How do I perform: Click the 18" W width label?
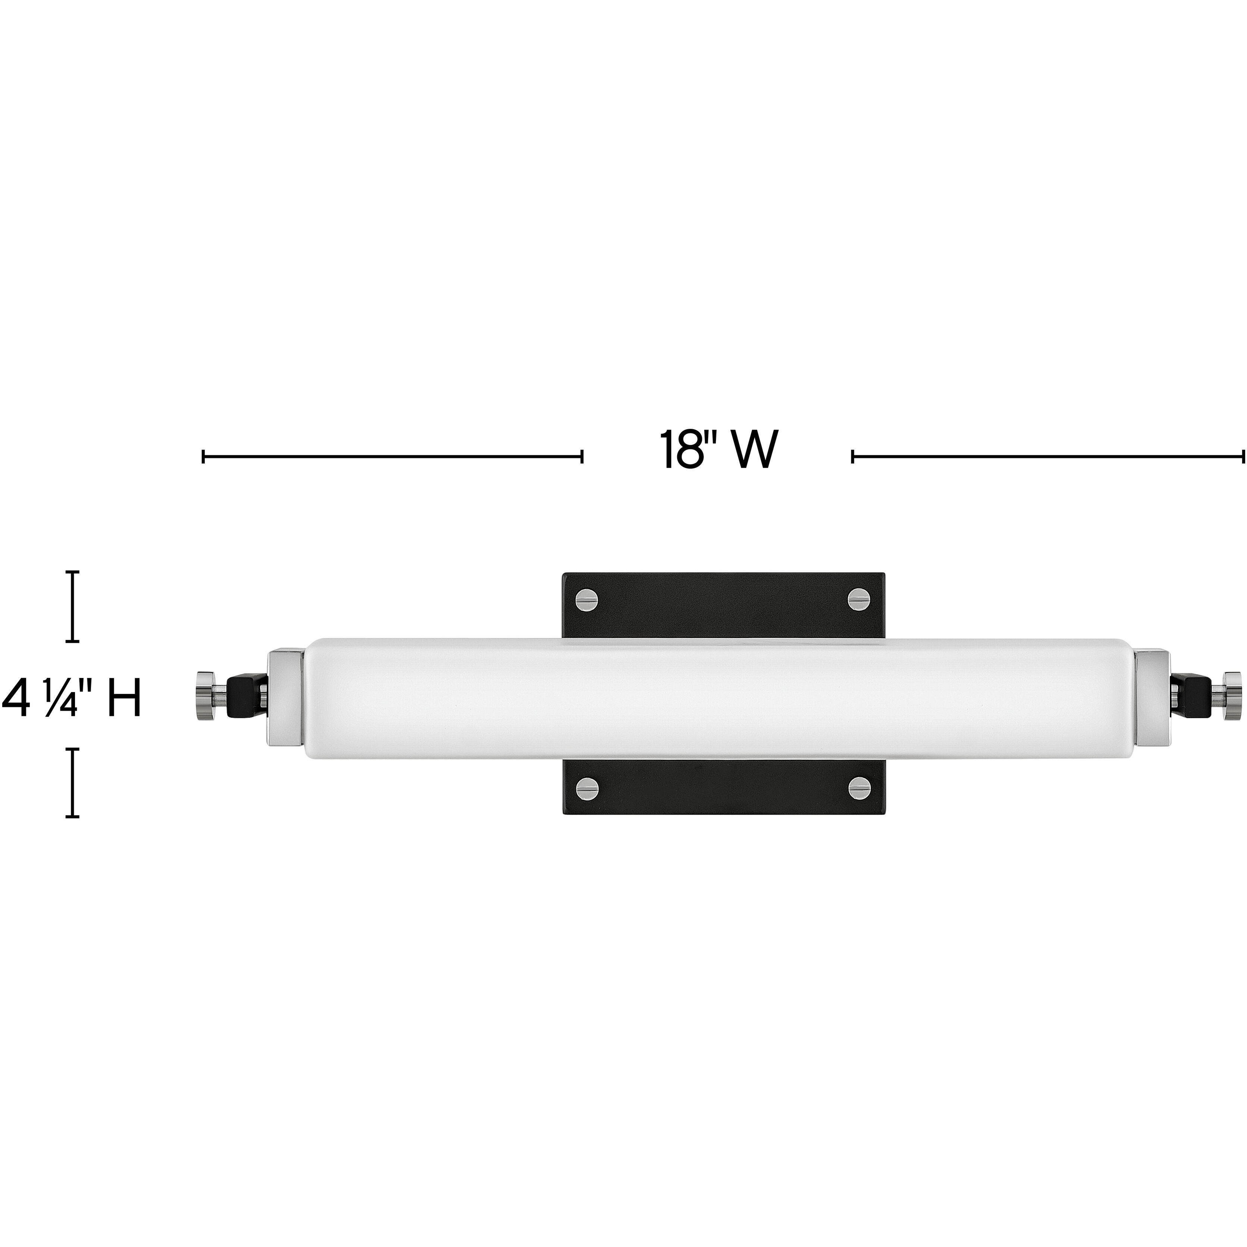[x=718, y=450]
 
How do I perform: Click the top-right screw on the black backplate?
[x=858, y=600]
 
